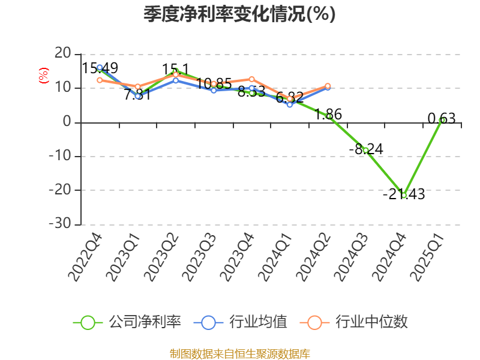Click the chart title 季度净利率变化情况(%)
pyautogui.click(x=239, y=14)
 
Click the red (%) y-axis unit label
pyautogui.click(x=43, y=76)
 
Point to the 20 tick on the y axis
pyautogui.click(x=62, y=54)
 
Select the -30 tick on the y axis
pyautogui.click(x=60, y=224)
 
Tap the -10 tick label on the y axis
pyautogui.click(x=60, y=156)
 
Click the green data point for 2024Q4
pyautogui.click(x=404, y=195)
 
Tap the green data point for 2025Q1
pyautogui.click(x=442, y=120)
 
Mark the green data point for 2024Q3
pyautogui.click(x=366, y=150)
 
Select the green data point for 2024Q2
pyautogui.click(x=328, y=116)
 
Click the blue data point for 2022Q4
pyautogui.click(x=100, y=68)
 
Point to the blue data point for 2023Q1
pyautogui.click(x=137, y=96)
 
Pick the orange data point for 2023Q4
pyautogui.click(x=252, y=79)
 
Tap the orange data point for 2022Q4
pyautogui.click(x=100, y=80)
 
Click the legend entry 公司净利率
pyautogui.click(x=127, y=322)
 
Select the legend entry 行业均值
pyautogui.click(x=241, y=322)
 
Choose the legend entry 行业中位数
pyautogui.click(x=354, y=322)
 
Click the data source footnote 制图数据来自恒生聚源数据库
pyautogui.click(x=239, y=353)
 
